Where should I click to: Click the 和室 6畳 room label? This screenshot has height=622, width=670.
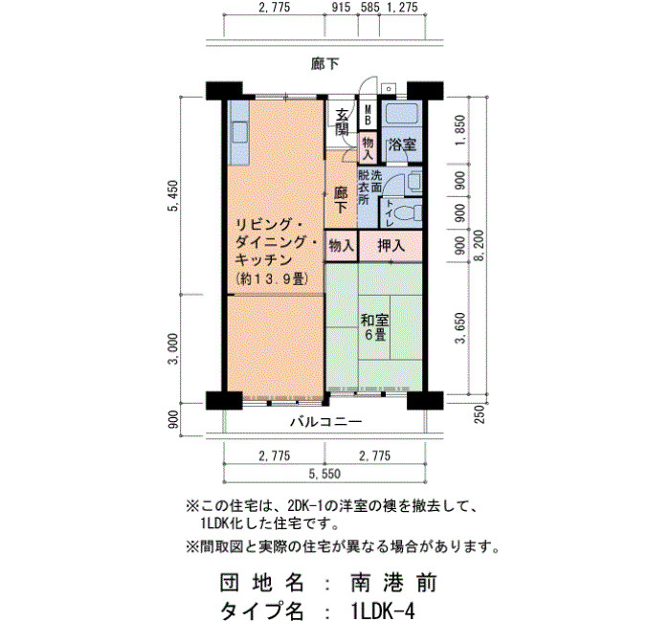point(374,327)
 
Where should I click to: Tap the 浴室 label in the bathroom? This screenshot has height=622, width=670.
point(402,144)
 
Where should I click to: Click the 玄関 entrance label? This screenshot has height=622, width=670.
point(342,122)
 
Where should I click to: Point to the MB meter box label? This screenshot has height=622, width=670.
point(368,116)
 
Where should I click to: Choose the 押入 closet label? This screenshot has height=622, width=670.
point(391,246)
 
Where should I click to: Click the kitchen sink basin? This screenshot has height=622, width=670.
point(240,132)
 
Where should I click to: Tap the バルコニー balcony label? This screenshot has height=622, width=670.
point(326,422)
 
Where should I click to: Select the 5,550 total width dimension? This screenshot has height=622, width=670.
point(325,474)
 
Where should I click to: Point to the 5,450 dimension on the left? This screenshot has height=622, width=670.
point(173,196)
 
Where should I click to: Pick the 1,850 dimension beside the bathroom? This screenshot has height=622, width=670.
point(459,130)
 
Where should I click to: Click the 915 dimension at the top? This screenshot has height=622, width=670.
point(341,8)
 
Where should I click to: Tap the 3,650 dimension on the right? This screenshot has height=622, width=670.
point(459,327)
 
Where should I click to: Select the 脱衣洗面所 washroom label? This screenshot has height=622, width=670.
point(369,188)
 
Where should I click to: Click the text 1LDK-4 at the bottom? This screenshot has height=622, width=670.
point(383,611)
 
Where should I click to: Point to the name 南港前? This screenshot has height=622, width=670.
point(393,583)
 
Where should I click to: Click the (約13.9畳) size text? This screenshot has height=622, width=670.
point(272,279)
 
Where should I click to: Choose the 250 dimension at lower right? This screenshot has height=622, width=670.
point(480,414)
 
